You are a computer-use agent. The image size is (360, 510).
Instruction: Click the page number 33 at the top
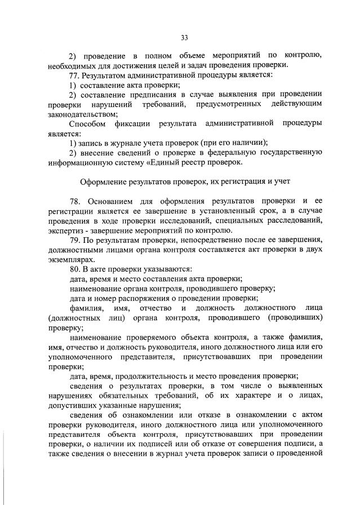click(x=184, y=38)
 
